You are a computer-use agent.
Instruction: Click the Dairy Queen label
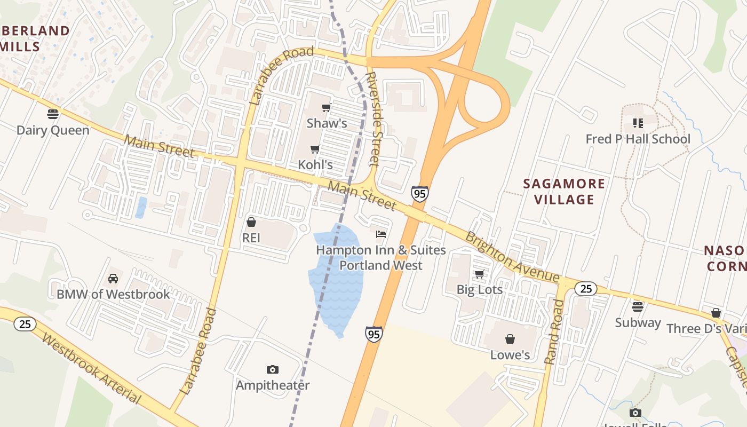pyautogui.click(x=53, y=130)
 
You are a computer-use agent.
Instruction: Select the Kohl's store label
pyautogui.click(x=315, y=165)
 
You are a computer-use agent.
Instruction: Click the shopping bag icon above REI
pyautogui.click(x=251, y=222)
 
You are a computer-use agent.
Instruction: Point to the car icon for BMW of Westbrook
pyautogui.click(x=113, y=279)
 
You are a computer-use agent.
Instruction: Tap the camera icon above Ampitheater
pyautogui.click(x=273, y=370)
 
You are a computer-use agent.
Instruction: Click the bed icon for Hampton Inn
pyautogui.click(x=381, y=234)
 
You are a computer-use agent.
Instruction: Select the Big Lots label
pyautogui.click(x=480, y=289)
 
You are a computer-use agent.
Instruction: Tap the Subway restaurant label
pyautogui.click(x=638, y=323)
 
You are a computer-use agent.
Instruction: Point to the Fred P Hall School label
pyautogui.click(x=638, y=139)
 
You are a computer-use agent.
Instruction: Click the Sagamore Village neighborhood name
pyautogui.click(x=565, y=192)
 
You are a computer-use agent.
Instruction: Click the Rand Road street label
pyautogui.click(x=554, y=332)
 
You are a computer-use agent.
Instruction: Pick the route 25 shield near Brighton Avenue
pyautogui.click(x=586, y=289)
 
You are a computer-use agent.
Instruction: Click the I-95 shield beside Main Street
pyautogui.click(x=420, y=194)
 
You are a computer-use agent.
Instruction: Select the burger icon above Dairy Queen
pyautogui.click(x=52, y=114)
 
